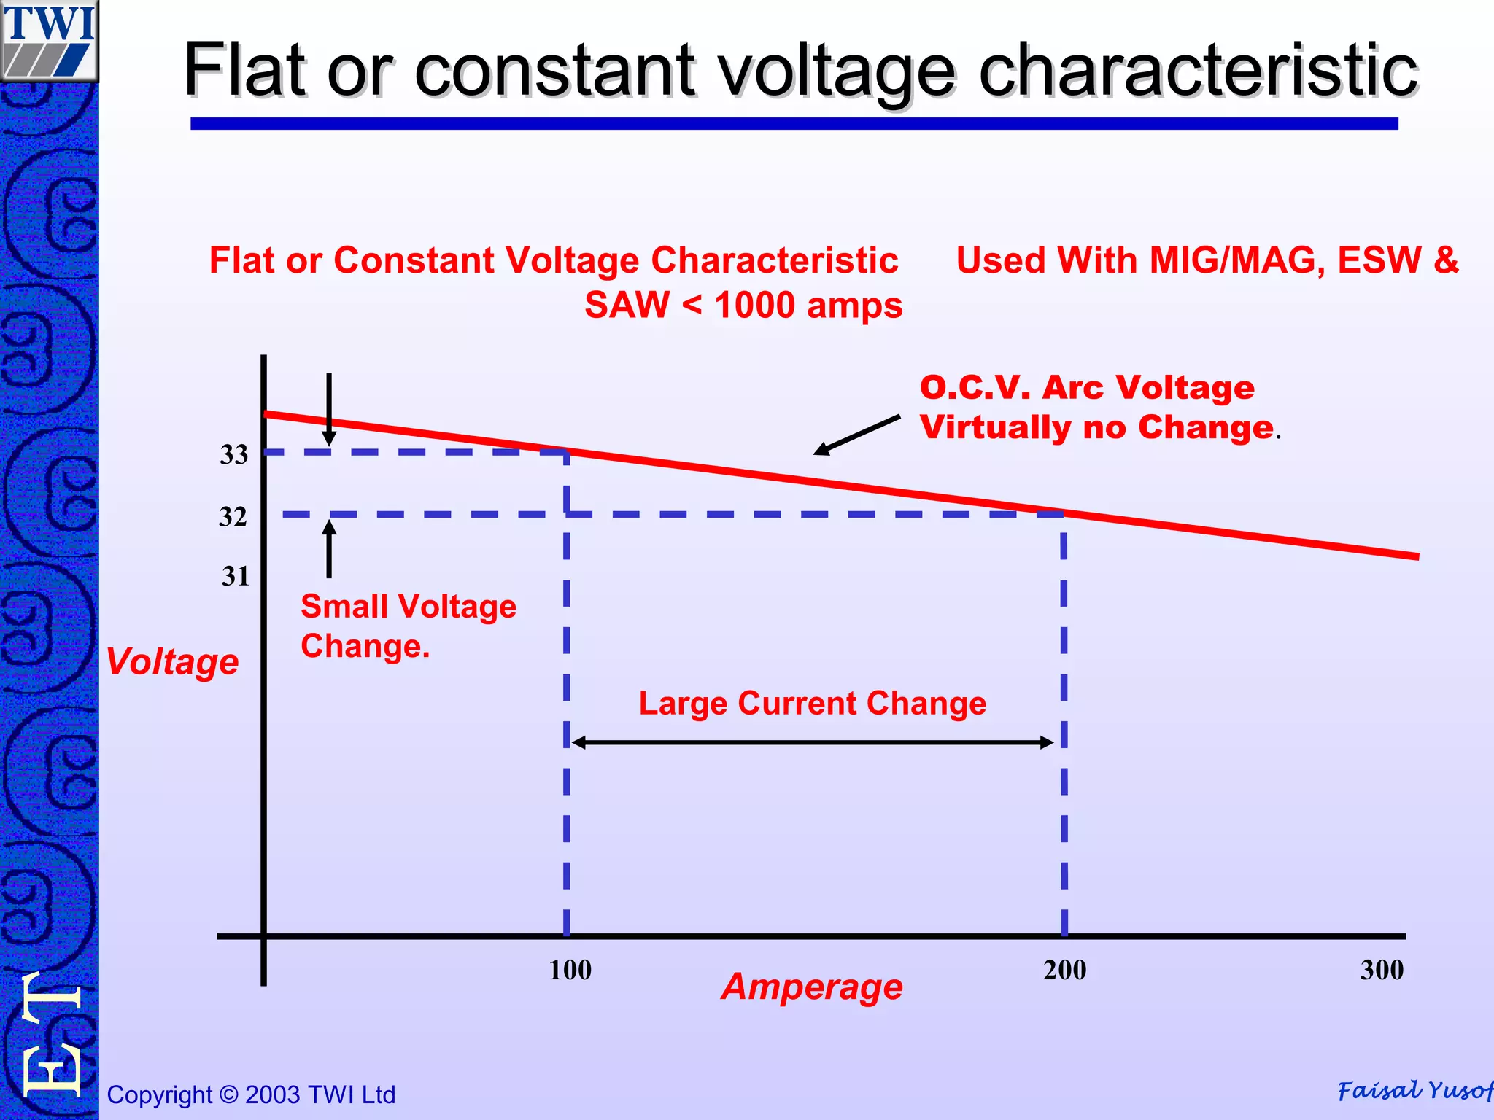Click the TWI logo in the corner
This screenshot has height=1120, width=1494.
[49, 40]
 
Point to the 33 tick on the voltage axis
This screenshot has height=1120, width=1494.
[234, 455]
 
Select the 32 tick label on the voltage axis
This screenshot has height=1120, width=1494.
[233, 517]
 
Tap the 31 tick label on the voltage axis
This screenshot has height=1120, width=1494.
[236, 577]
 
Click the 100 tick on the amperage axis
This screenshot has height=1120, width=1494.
[570, 971]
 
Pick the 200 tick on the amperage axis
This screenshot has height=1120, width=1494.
[1064, 971]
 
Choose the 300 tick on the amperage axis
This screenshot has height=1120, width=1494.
[1382, 971]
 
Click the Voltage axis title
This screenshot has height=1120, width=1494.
[172, 662]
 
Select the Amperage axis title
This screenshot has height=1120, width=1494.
[812, 987]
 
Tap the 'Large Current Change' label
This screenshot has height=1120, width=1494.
[813, 704]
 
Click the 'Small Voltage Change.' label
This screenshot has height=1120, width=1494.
[408, 626]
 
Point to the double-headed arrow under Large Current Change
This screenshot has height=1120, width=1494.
[813, 743]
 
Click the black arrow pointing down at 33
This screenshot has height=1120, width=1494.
[329, 408]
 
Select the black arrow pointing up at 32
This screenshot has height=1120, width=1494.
[329, 548]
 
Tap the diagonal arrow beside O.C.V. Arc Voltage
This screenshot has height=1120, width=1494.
[857, 435]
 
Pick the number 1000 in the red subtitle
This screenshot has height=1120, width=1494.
[755, 306]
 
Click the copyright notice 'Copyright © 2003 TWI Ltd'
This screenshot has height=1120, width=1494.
[251, 1094]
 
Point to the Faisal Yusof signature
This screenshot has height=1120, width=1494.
[1414, 1091]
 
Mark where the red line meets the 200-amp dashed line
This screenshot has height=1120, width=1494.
[1064, 514]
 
